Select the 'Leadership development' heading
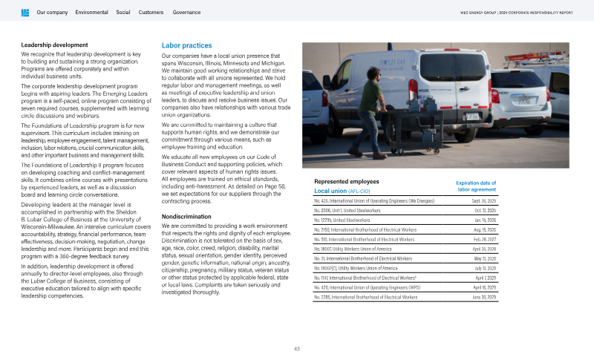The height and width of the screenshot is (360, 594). tap(55, 46)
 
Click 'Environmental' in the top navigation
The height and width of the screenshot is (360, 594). tap(91, 13)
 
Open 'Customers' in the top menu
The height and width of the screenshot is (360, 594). tap(151, 13)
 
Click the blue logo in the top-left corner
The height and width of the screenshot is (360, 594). tap(25, 13)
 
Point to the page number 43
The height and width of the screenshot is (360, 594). tap(296, 348)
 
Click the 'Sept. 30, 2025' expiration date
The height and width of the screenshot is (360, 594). tap(483, 201)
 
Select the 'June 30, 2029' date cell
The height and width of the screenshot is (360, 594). tap(483, 297)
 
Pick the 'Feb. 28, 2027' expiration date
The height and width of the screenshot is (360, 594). tap(483, 240)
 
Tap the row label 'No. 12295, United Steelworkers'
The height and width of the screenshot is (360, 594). tap(342, 220)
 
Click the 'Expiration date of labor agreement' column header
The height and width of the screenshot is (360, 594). tap(475, 186)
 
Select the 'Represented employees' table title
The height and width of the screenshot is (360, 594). tap(347, 181)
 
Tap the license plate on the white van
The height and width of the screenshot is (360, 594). tap(471, 117)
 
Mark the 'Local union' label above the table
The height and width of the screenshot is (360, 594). tap(330, 192)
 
